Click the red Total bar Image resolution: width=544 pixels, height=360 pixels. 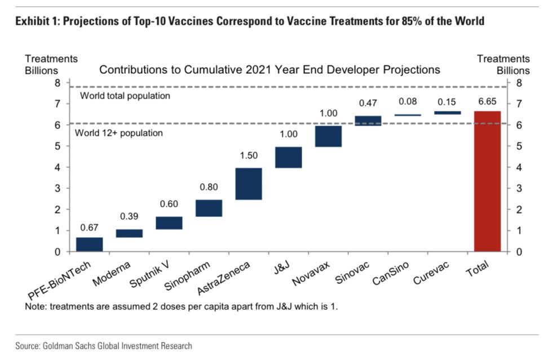[487, 181]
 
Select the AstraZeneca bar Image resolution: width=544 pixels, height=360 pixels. [249, 184]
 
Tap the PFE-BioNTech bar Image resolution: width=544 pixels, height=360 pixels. [89, 245]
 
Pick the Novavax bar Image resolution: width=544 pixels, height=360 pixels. [328, 136]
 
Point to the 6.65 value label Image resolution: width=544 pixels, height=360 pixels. [487, 101]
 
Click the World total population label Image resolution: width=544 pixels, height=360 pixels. [125, 96]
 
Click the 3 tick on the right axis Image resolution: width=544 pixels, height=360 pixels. [519, 188]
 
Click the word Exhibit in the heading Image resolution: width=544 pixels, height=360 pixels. [31, 21]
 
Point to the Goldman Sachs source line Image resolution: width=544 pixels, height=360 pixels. [104, 345]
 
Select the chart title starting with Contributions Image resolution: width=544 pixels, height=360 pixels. [269, 70]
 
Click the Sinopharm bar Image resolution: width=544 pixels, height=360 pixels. [209, 208]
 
